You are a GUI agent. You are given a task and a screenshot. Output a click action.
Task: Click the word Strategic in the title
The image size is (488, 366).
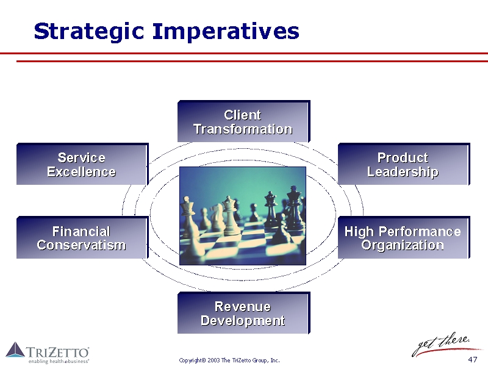tap(89, 32)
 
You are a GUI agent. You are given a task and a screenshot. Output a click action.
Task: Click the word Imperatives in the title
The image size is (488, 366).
tap(226, 32)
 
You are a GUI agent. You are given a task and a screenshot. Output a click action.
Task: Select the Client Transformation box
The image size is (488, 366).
tap(243, 121)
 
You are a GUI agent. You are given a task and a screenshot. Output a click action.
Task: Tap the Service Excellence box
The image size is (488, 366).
tap(82, 164)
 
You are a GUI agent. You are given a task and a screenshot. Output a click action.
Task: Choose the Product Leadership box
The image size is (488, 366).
tap(404, 164)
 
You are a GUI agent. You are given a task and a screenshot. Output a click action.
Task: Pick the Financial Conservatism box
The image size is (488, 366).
tap(82, 237)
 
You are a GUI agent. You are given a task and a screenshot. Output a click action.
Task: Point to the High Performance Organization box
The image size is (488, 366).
tap(404, 237)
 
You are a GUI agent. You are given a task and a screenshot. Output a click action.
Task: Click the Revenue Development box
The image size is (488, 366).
tap(243, 313)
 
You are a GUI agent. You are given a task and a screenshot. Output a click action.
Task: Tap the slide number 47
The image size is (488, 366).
tap(472, 359)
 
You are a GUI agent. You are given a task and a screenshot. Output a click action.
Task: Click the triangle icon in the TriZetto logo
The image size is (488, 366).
tap(15, 350)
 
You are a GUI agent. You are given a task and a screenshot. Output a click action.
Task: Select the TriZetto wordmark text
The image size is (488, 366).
tap(58, 353)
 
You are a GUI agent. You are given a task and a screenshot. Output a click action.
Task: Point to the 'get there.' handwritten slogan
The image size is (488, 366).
tap(441, 344)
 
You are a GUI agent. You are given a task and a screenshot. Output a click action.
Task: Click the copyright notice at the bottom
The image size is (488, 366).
tap(229, 361)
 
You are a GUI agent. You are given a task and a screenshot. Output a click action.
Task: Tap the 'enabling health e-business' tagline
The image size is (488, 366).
tap(59, 361)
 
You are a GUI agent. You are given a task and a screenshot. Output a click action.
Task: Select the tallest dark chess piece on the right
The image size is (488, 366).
tap(294, 207)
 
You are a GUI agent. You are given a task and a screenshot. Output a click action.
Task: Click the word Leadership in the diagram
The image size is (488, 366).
tap(403, 172)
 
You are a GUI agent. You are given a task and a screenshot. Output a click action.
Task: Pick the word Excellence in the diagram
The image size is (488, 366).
tap(82, 172)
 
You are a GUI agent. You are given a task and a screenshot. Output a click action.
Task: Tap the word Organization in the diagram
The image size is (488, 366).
tap(403, 246)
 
